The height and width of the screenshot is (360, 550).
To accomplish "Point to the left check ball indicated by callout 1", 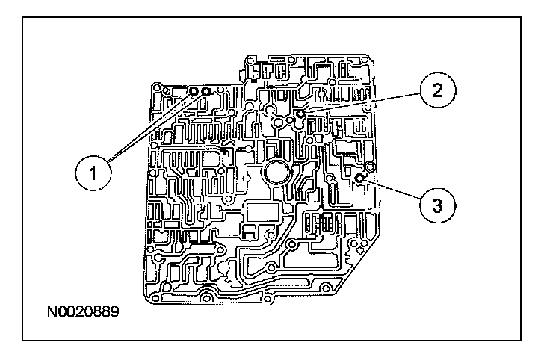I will click(x=193, y=91).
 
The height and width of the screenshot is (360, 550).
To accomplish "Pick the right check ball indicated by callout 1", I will click(x=206, y=92).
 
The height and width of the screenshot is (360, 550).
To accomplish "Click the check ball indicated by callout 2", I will click(x=300, y=113).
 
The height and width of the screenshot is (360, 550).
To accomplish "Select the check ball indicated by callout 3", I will click(x=359, y=178).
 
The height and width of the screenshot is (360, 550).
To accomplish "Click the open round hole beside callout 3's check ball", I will click(x=369, y=166).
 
